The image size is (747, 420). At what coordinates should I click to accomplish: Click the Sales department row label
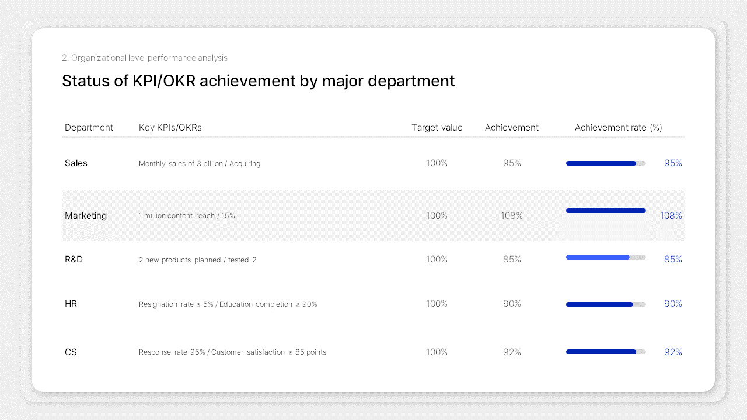point(76,163)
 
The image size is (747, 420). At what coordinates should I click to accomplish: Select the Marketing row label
point(86,215)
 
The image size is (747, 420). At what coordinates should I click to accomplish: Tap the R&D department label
point(74,260)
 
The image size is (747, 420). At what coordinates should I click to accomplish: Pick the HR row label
point(71,304)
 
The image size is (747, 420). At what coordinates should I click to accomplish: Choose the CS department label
point(71,352)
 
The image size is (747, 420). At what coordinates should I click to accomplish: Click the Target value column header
point(437,128)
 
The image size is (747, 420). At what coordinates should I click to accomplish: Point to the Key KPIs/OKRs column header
point(170,128)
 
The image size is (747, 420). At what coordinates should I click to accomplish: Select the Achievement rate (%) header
point(618,128)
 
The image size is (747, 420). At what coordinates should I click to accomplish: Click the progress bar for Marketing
point(606,211)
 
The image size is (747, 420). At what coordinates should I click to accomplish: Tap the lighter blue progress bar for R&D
point(598,257)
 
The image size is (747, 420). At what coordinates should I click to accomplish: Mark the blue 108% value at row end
point(671,216)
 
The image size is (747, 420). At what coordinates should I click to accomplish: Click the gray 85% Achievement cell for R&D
point(512,260)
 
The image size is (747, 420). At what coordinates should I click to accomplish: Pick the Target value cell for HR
point(437,304)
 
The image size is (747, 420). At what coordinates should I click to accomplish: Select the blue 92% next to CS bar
point(673,352)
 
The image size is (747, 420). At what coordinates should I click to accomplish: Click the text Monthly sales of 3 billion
point(180,164)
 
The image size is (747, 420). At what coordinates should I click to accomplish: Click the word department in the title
point(411,81)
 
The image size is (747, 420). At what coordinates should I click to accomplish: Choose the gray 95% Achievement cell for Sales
point(512,163)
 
